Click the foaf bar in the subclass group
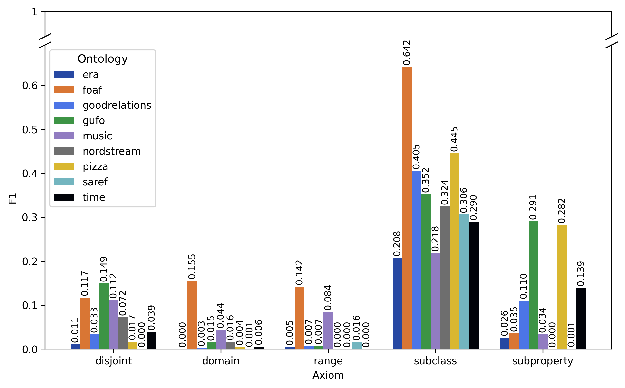click(x=407, y=208)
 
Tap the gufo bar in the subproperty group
click(x=533, y=285)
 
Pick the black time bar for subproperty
click(x=581, y=318)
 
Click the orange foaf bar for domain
click(x=192, y=315)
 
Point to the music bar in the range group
click(x=328, y=330)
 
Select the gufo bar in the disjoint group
click(x=104, y=316)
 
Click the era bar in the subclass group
click(x=397, y=303)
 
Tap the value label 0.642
click(x=407, y=53)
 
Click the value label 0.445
click(x=454, y=139)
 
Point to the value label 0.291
click(x=533, y=207)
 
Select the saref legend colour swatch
click(x=64, y=182)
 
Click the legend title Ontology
click(x=103, y=59)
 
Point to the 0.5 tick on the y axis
click(x=30, y=130)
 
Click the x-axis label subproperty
click(x=543, y=361)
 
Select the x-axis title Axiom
click(x=328, y=375)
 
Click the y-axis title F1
click(x=13, y=198)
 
